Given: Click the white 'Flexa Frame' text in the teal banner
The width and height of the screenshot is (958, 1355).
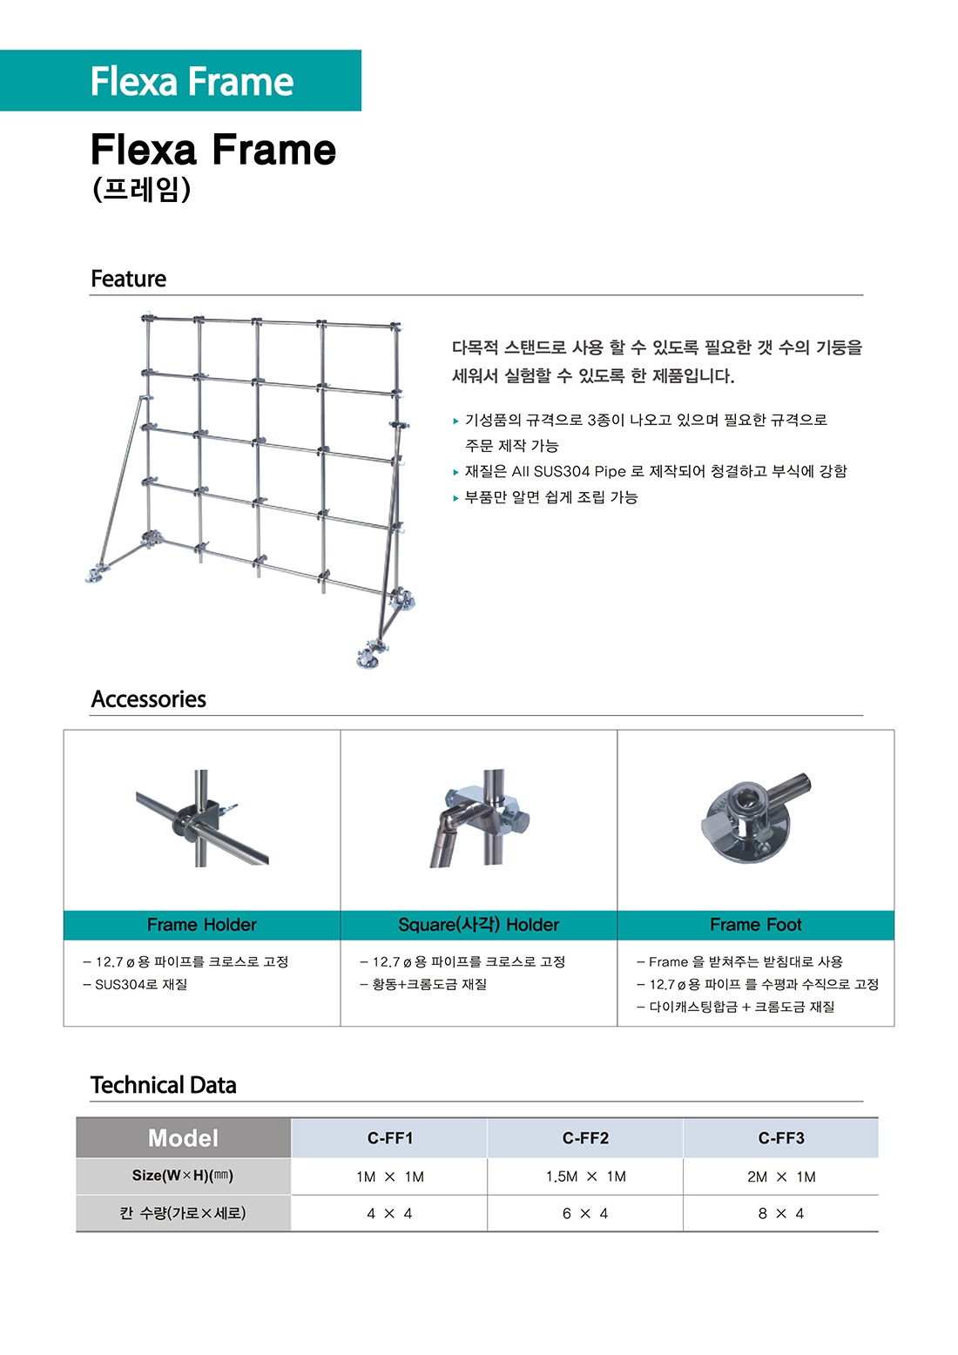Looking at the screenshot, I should coord(192,81).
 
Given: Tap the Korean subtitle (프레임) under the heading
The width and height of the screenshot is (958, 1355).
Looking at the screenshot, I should coord(141,190).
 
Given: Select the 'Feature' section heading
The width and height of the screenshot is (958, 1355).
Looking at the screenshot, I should coord(128,279).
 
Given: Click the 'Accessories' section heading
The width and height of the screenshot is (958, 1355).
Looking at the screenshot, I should coord(148,699).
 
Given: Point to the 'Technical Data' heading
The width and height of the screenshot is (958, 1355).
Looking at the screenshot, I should coord(163,1085).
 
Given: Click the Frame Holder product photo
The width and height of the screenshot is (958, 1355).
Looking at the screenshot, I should coord(202,819).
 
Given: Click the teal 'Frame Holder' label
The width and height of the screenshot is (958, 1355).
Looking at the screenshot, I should coord(201,925).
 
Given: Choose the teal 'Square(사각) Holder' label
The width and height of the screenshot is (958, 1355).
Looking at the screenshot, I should coord(478,925).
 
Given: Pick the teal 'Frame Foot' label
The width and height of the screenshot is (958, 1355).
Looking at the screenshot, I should coord(755,925).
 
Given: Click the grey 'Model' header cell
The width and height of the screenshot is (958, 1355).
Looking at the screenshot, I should coord(183,1138).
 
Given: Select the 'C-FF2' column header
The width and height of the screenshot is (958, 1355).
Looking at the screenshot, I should coord(585,1138).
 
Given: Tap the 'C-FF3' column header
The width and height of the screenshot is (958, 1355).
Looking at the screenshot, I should coord(781,1138).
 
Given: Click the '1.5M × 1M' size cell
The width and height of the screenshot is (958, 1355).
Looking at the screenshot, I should coord(585,1176).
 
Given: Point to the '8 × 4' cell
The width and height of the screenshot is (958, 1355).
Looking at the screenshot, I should coord(781,1213).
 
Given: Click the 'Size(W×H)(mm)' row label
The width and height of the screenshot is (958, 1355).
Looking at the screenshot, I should coord(183,1176).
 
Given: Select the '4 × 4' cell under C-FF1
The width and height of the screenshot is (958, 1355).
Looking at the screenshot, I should coord(389,1213).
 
